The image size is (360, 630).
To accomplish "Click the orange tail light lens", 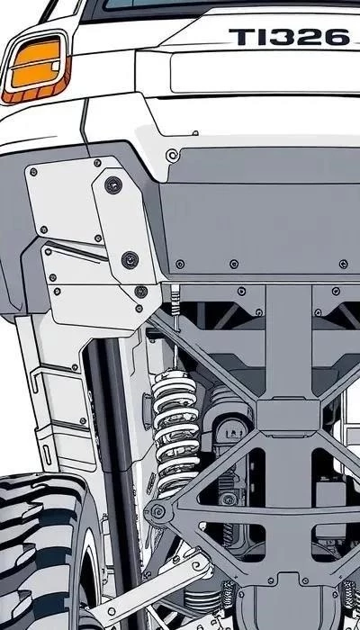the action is [x=36, y=63].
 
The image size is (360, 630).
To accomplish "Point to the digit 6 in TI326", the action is [x=337, y=37].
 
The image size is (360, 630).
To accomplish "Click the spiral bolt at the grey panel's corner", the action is [x=173, y=155].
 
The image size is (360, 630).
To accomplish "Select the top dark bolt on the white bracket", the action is [x=113, y=184].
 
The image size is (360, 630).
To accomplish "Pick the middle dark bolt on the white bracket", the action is [x=130, y=260].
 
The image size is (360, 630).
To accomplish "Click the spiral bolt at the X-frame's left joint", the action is [x=157, y=512].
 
